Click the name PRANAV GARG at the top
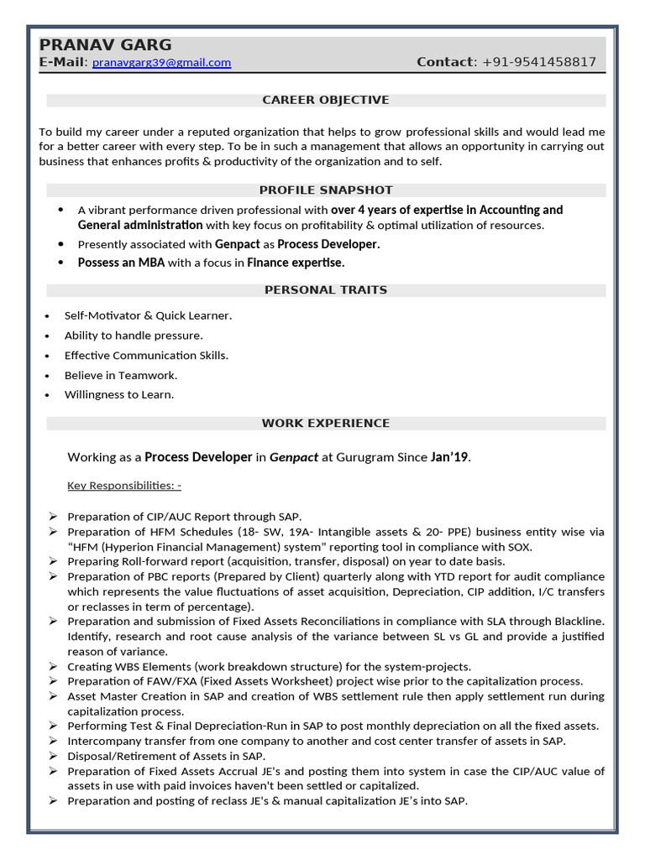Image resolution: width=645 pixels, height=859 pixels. click(105, 45)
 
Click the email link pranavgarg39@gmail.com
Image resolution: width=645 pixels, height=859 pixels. click(161, 63)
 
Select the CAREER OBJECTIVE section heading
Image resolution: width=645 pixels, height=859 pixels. click(325, 101)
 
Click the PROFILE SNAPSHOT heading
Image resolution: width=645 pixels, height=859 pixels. click(325, 190)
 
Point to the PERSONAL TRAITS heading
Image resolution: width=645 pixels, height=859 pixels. click(325, 290)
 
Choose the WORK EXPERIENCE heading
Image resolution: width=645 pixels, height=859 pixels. click(325, 424)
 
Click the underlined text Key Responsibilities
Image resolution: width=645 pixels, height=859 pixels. click(123, 486)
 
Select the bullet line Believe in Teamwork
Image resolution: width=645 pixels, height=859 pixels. click(121, 376)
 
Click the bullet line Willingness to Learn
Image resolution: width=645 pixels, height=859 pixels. click(119, 395)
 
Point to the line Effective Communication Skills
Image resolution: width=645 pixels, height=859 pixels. click(146, 356)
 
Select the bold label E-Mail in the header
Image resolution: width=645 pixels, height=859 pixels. click(61, 63)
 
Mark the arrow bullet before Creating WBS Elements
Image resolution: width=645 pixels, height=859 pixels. click(53, 667)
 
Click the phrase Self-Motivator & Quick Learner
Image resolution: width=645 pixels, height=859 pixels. click(148, 316)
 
